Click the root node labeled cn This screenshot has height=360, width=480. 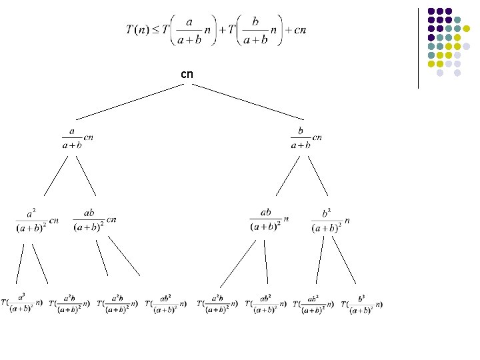(187, 74)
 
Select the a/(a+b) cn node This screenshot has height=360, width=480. (76, 138)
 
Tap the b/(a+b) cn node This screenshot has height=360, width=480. (305, 138)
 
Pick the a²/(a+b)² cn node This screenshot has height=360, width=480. (37, 220)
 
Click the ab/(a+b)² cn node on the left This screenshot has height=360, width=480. (95, 220)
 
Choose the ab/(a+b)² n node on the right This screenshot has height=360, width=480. (269, 219)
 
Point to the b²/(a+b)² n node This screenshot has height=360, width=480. (330, 220)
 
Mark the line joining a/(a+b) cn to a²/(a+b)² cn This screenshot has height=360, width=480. (57, 175)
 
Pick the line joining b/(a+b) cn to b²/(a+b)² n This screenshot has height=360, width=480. (318, 175)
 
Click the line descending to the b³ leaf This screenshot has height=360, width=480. (343, 260)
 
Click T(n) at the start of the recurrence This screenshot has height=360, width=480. (137, 30)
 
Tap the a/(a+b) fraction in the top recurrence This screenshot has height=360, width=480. (189, 31)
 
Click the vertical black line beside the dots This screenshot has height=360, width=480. (418, 47)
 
